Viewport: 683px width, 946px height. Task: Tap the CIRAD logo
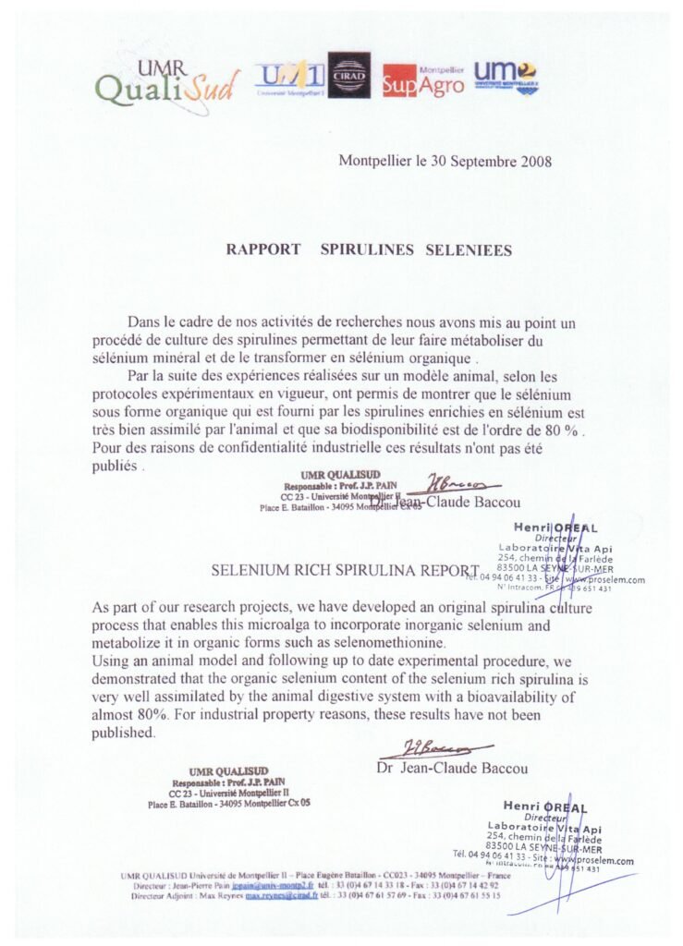pyautogui.click(x=349, y=76)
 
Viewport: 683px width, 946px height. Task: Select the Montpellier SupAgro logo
pyautogui.click(x=423, y=79)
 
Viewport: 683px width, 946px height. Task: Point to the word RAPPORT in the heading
pyautogui.click(x=263, y=249)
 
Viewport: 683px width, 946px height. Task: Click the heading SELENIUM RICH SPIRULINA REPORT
pyautogui.click(x=345, y=571)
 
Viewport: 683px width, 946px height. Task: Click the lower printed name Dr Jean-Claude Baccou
pyautogui.click(x=452, y=769)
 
